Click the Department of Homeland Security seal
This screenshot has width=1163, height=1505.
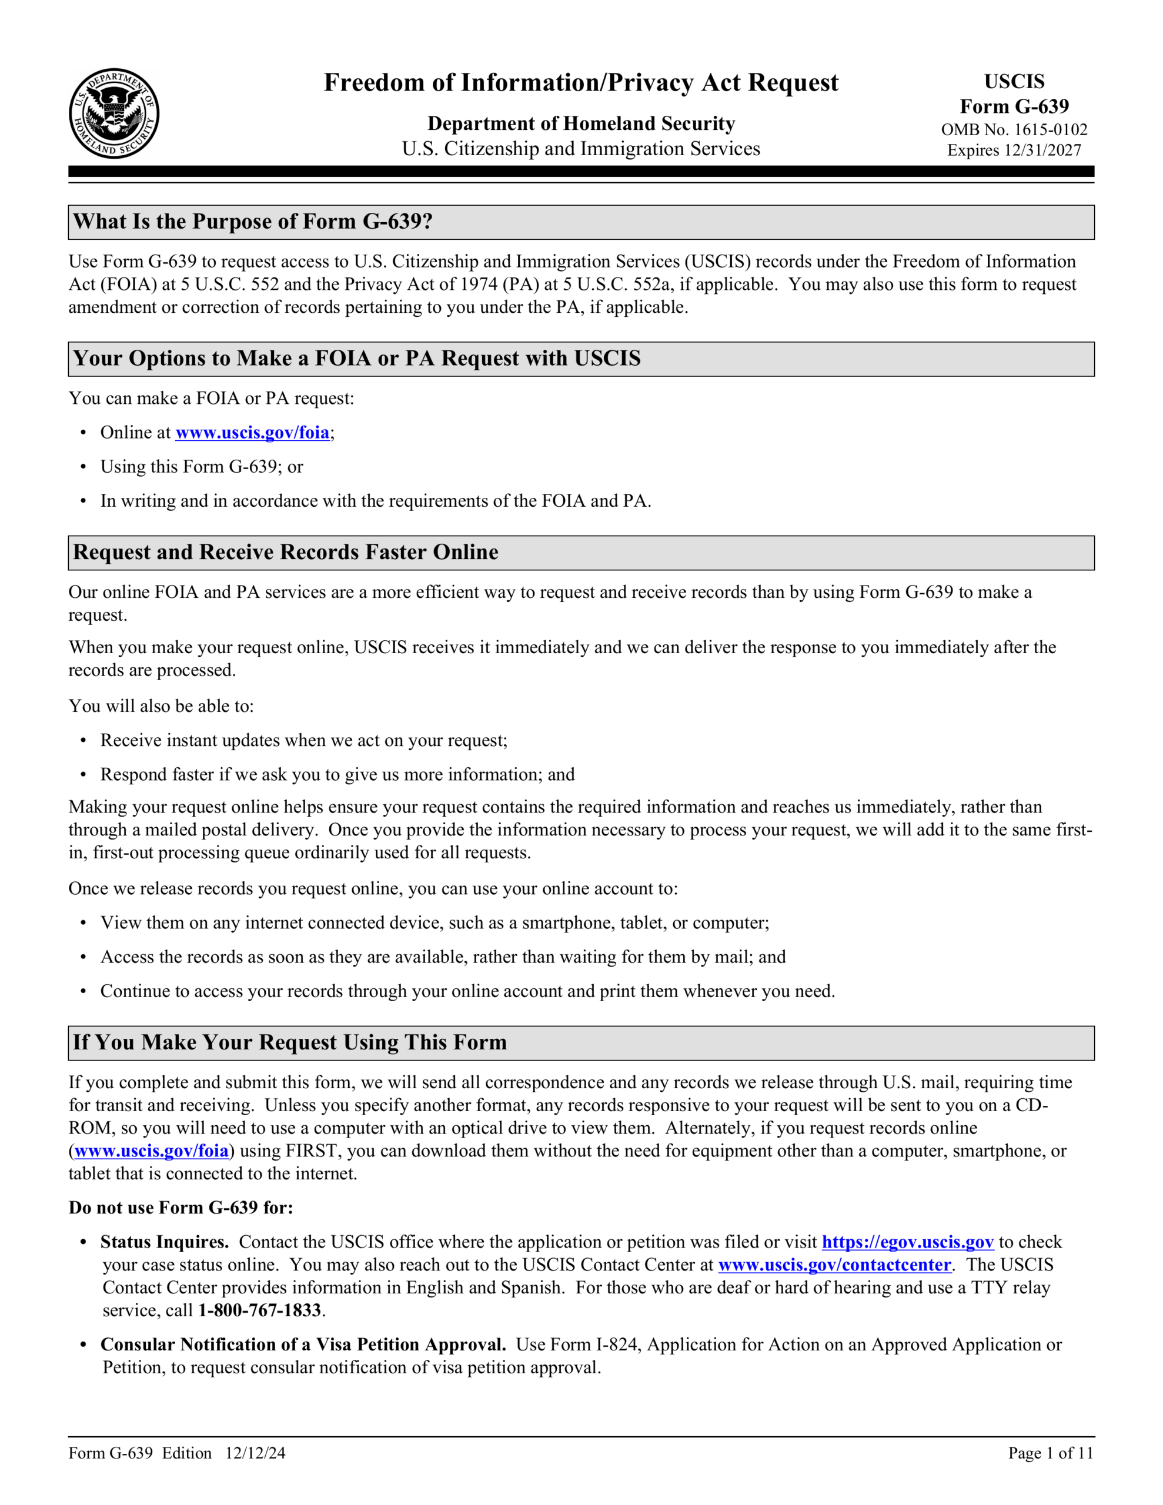pos(113,113)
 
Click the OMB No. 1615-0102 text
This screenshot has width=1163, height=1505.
pos(1014,129)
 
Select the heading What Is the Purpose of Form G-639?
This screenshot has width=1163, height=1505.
pos(252,222)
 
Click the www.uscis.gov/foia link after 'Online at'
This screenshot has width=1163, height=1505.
pos(252,433)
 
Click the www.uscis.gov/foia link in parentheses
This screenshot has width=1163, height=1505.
pos(151,1151)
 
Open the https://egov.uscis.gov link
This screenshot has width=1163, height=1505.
pos(907,1242)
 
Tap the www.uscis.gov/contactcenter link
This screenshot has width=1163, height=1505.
pos(834,1265)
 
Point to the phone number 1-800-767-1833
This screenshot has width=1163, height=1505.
pos(260,1310)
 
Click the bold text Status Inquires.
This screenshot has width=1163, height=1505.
pos(164,1242)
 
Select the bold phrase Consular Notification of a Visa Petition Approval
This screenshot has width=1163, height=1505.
pos(303,1345)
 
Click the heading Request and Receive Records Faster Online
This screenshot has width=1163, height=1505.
pos(285,553)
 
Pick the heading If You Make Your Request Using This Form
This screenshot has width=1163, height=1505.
pos(289,1042)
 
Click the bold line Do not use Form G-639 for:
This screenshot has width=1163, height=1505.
pos(181,1208)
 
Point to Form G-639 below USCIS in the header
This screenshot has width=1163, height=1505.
pos(1014,107)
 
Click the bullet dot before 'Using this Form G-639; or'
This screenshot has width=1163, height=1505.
pos(83,467)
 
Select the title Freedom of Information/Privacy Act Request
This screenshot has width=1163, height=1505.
pos(580,83)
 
